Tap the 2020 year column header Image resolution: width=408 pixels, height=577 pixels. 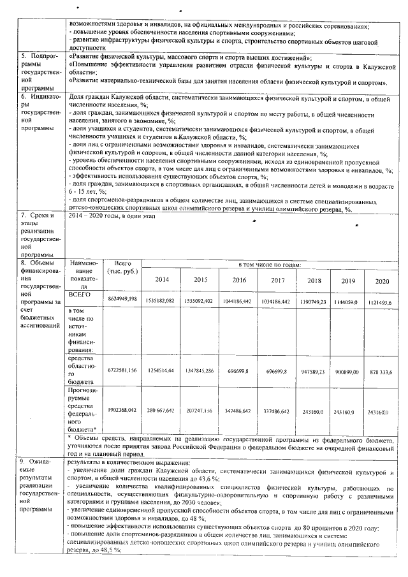pyautogui.click(x=382, y=281)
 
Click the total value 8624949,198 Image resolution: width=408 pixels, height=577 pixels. pyautogui.click(x=123, y=299)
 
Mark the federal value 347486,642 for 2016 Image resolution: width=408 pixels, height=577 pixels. pyautogui.click(x=240, y=411)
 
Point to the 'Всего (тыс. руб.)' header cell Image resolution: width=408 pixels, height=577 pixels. pyautogui.click(x=122, y=267)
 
